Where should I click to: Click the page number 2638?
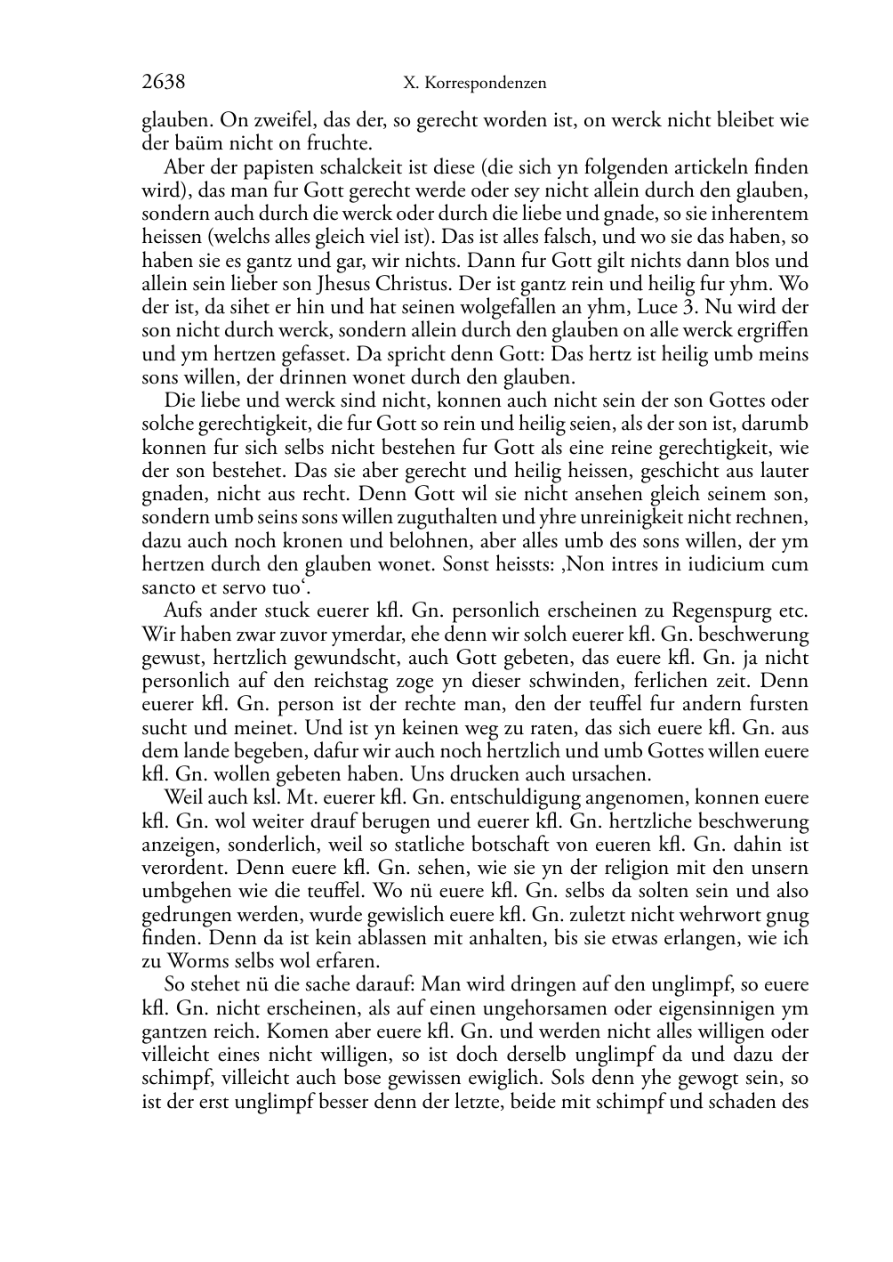[x=163, y=83]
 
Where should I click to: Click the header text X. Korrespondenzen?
[x=474, y=84]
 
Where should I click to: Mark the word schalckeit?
[x=356, y=167]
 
